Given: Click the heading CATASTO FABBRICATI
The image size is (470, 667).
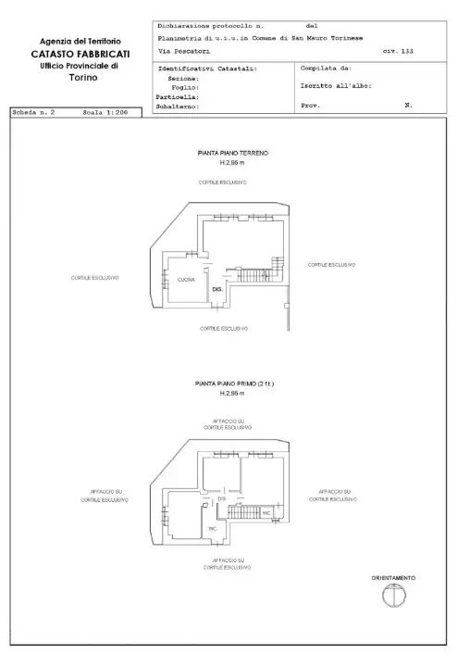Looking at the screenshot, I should pos(80,55).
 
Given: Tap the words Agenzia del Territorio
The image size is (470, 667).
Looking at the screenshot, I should pos(80,43).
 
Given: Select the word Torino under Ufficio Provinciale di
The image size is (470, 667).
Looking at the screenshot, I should pos(80,79).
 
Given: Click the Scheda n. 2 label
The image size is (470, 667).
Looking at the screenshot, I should pos(34,112).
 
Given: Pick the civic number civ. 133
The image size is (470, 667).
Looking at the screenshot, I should pos(398,51).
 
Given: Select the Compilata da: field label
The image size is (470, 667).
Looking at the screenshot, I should pos(326,69).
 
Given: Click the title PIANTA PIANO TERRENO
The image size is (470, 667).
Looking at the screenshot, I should pos(232,153).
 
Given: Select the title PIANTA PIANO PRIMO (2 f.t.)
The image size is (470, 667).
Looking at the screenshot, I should pos(235,384).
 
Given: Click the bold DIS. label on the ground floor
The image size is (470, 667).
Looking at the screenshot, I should pos(218,290).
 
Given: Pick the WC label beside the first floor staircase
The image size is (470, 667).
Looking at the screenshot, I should pos(266,512).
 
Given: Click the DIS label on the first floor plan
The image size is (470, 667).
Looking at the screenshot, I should pos(222,499).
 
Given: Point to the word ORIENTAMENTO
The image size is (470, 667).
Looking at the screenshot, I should pos(392,578).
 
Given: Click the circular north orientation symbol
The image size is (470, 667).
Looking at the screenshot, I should pos(392,598).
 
